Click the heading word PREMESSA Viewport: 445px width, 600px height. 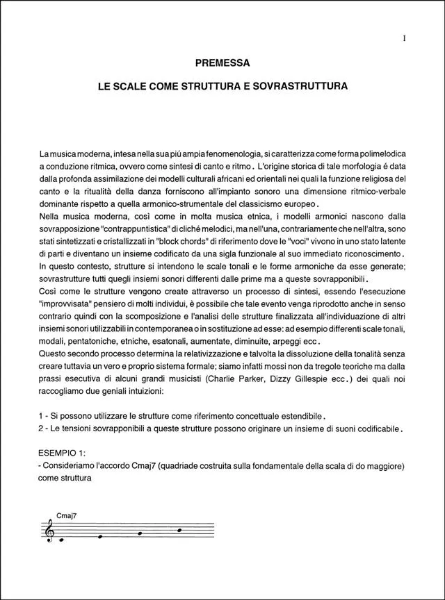tap(222, 63)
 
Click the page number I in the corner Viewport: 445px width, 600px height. tap(405, 39)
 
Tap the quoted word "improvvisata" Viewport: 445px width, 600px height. tap(68, 304)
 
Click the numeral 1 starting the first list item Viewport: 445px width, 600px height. tap(42, 415)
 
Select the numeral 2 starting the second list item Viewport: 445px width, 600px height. tap(42, 428)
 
